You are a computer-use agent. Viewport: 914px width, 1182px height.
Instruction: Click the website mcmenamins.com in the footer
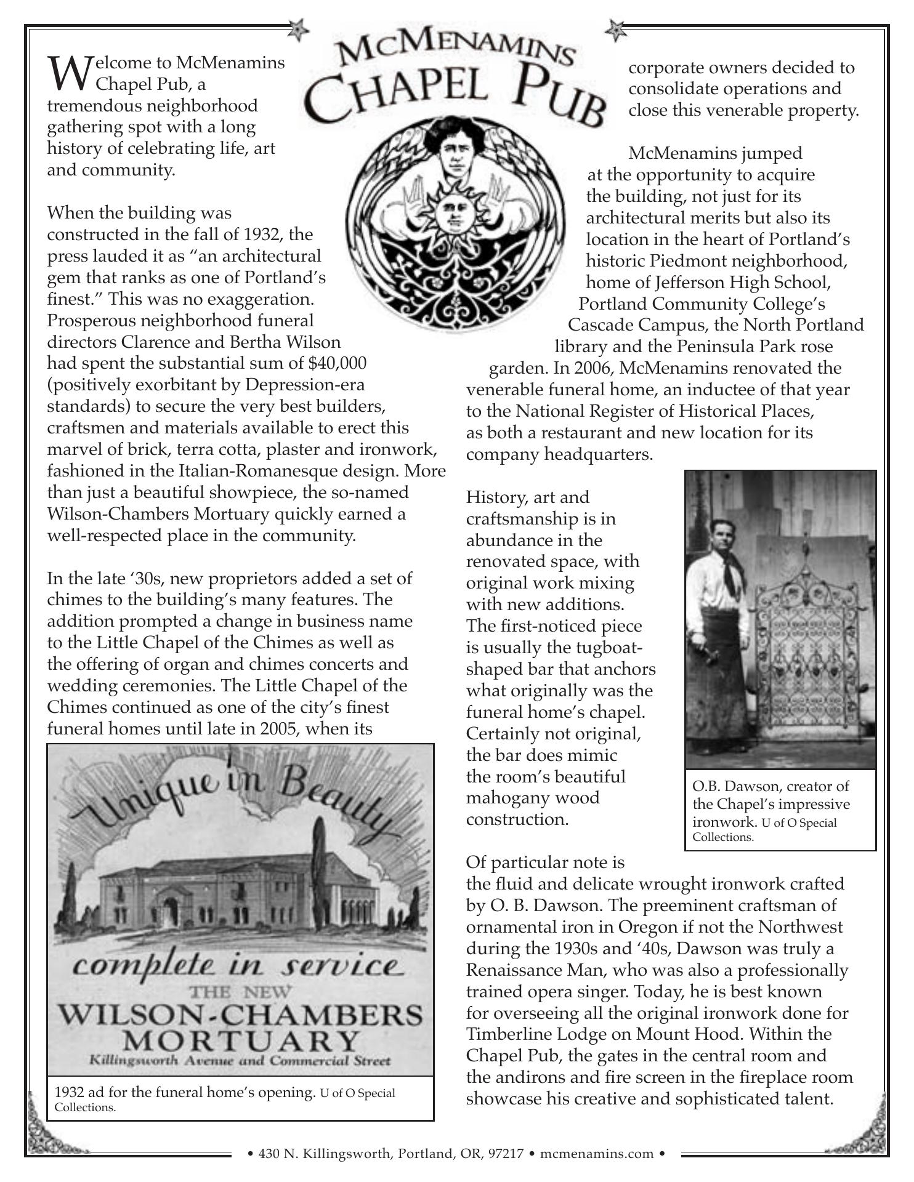click(x=596, y=1152)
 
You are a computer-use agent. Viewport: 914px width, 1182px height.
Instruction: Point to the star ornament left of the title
click(x=298, y=30)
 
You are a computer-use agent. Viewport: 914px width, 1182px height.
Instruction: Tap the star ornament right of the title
click(x=615, y=30)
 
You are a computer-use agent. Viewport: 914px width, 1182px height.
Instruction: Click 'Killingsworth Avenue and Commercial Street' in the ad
click(x=240, y=1060)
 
